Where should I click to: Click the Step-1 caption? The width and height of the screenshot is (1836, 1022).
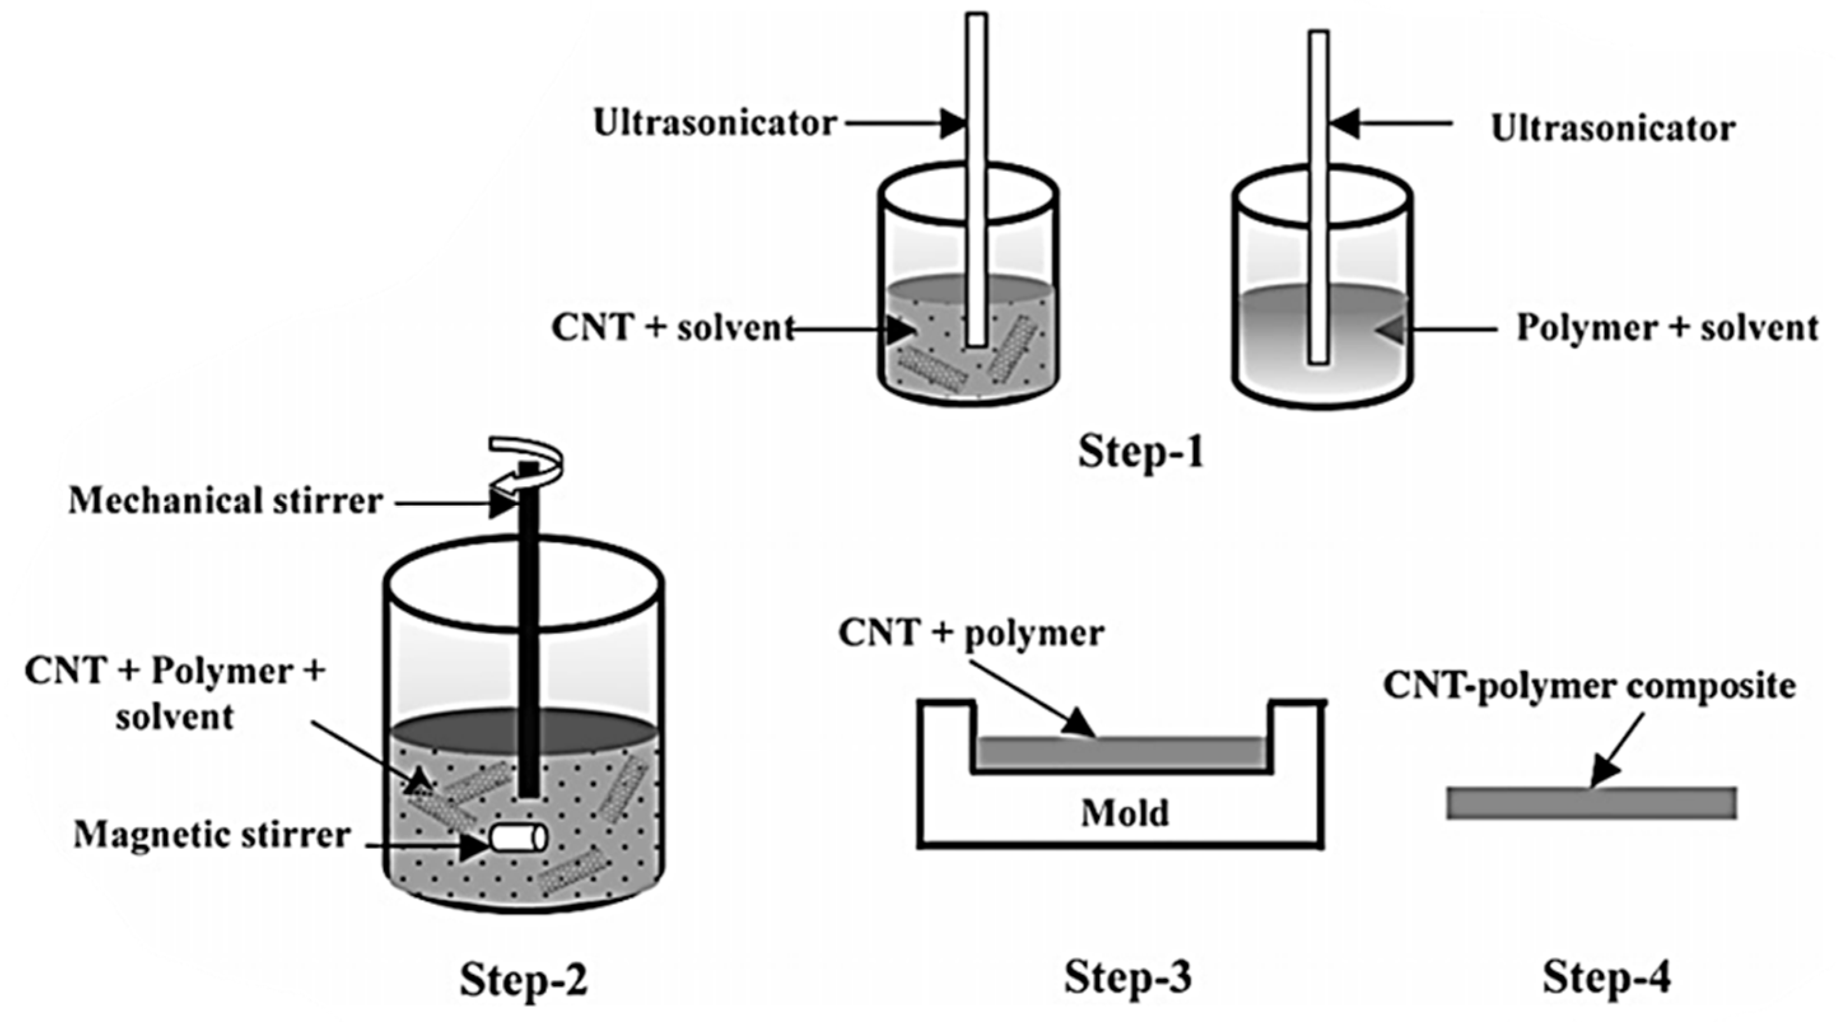tap(1140, 451)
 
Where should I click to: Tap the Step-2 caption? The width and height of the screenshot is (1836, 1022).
tap(524, 979)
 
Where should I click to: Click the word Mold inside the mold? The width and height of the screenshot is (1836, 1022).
tap(1125, 813)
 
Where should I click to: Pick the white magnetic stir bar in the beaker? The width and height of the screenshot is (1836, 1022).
tap(519, 838)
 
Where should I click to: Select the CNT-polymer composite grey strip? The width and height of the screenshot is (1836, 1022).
tap(1591, 802)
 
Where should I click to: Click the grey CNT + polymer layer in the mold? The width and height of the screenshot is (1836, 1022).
tap(1121, 753)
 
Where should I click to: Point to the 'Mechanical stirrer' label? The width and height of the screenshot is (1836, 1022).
tap(225, 501)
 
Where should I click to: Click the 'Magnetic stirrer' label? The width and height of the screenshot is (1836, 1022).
tap(212, 836)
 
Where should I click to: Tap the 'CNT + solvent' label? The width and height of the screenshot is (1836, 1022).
tap(673, 328)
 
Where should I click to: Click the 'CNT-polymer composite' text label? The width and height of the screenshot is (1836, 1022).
tap(1589, 687)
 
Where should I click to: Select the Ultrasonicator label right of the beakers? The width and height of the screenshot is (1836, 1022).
tap(1613, 129)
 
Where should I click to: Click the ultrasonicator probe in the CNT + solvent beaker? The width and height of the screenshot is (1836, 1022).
tap(976, 180)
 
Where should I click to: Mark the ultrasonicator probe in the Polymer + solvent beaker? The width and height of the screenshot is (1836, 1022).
tap(1319, 197)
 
